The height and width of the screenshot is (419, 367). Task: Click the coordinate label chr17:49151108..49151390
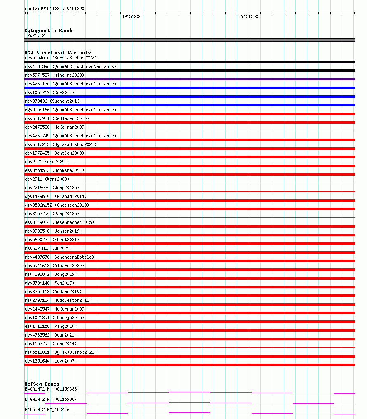pyautogui.click(x=54, y=9)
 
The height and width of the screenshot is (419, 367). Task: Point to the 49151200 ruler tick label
pyautogui.click(x=132, y=16)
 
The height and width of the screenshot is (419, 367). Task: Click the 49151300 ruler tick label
pyautogui.click(x=248, y=16)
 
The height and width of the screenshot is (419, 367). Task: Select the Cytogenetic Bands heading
pyautogui.click(x=49, y=31)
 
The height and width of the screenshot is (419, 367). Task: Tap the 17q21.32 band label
pyautogui.click(x=35, y=35)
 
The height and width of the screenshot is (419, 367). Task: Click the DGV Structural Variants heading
pyautogui.click(x=57, y=53)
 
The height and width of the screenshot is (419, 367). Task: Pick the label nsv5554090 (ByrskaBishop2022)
pyautogui.click(x=61, y=58)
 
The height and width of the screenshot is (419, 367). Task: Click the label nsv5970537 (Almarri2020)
pyautogui.click(x=54, y=75)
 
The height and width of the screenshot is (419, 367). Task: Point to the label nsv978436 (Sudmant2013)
pyautogui.click(x=53, y=101)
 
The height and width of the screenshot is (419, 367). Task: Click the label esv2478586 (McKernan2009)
pyautogui.click(x=56, y=127)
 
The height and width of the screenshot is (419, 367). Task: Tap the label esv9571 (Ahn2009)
pyautogui.click(x=46, y=162)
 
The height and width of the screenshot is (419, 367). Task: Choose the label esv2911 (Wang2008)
pyautogui.click(x=47, y=179)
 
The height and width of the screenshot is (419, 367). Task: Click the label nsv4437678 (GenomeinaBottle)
pyautogui.click(x=59, y=257)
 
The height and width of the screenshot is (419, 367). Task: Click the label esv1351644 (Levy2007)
pyautogui.click(x=51, y=361)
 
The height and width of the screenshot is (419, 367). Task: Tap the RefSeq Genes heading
pyautogui.click(x=42, y=384)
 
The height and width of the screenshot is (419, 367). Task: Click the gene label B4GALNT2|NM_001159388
pyautogui.click(x=51, y=389)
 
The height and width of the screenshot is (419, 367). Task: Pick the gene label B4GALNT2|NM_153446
pyautogui.click(x=47, y=410)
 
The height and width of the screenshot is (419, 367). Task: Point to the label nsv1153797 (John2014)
pyautogui.click(x=51, y=344)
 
